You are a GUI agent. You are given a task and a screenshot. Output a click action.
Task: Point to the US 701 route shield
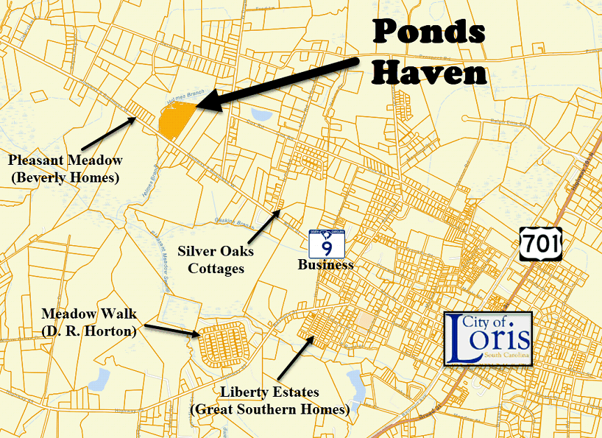[x=540, y=243]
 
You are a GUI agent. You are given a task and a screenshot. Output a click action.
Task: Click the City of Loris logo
[x=488, y=339]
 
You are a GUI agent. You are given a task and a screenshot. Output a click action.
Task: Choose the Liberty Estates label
[x=270, y=392]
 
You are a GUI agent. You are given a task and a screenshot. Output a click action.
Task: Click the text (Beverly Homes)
[x=65, y=178]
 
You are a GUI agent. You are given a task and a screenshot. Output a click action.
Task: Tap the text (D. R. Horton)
[x=88, y=330]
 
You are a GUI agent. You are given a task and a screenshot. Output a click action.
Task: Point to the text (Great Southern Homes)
[x=270, y=409]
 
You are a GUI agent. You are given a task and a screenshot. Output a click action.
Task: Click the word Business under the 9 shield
[x=325, y=265]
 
